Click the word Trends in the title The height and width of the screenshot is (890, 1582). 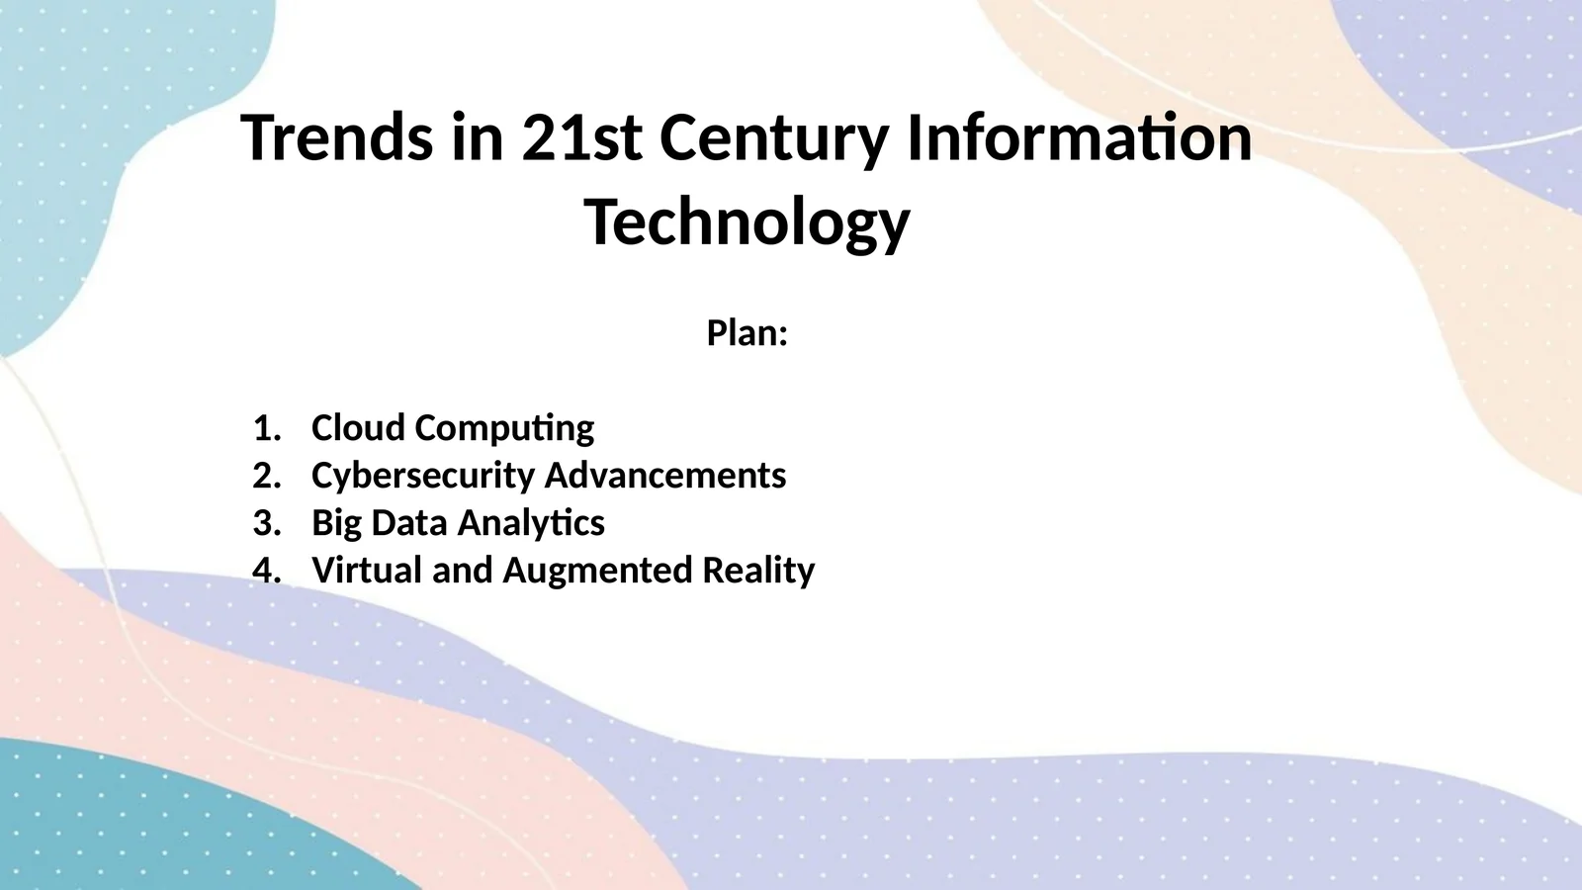(x=337, y=137)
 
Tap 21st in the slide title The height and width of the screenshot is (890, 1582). (x=582, y=137)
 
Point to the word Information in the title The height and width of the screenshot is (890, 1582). (x=1080, y=137)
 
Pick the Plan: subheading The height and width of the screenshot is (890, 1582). (x=747, y=332)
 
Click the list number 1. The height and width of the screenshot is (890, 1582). (x=266, y=428)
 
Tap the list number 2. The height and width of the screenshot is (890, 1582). (x=266, y=476)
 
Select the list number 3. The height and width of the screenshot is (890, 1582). (x=266, y=523)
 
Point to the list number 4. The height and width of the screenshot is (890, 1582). (x=266, y=570)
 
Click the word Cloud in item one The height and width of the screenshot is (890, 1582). (x=358, y=428)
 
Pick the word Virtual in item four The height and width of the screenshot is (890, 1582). (x=367, y=570)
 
